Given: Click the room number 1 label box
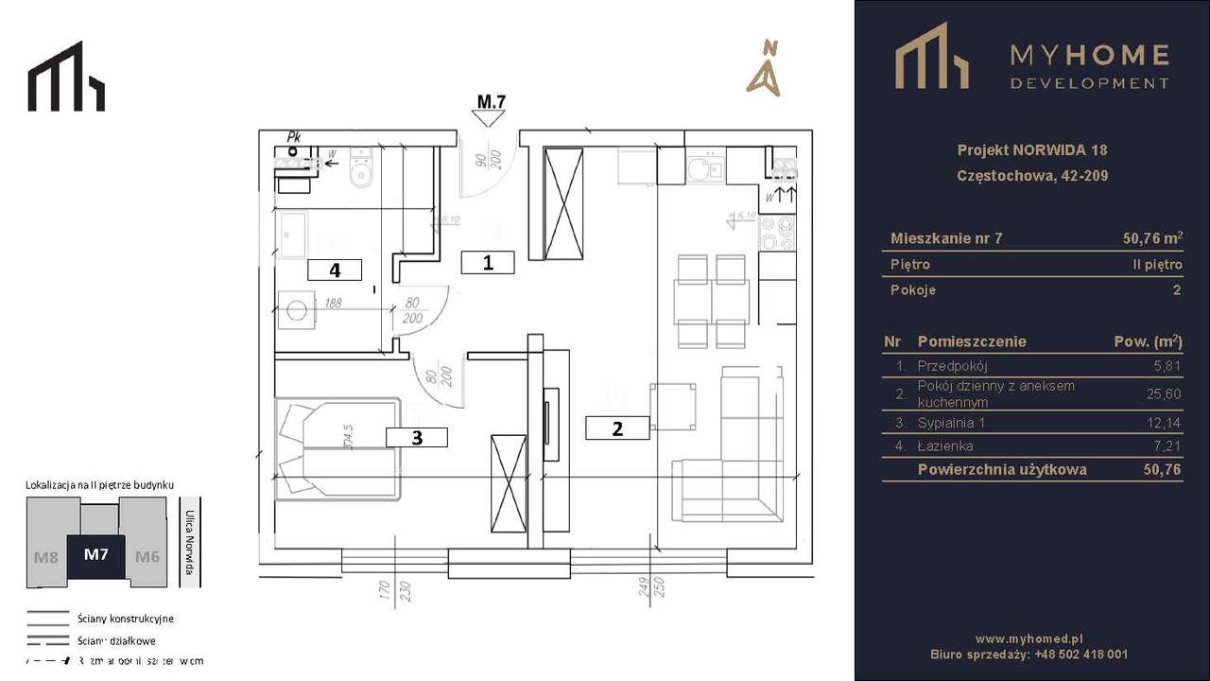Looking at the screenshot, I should tap(488, 263).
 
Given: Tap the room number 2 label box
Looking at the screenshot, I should tap(617, 428).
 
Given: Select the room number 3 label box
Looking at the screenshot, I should tap(416, 436).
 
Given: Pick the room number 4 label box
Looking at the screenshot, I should tap(335, 270).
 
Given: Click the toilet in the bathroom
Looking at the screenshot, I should tap(360, 171).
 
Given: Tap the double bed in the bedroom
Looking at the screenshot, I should tap(337, 447).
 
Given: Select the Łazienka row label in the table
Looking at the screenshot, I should tap(944, 445).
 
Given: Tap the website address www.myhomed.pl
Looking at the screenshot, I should tap(1028, 638).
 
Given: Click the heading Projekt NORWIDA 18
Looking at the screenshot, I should tap(1031, 149).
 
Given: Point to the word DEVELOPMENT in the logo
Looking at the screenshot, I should tap(1089, 83).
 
